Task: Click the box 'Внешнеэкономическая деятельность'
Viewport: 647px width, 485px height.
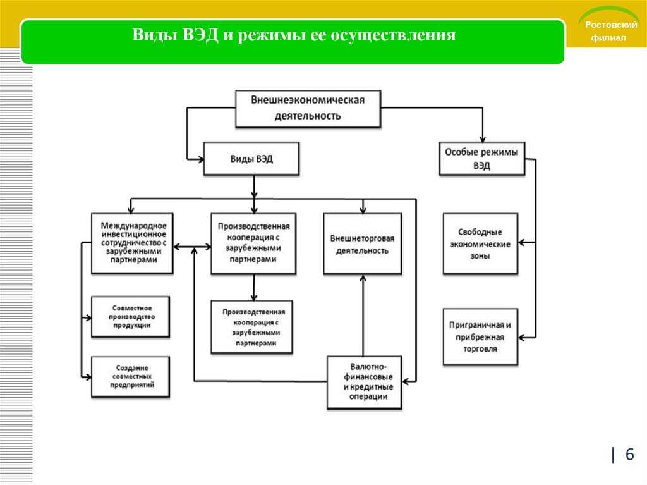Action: [308, 109]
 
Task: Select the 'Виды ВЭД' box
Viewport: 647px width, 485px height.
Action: [251, 159]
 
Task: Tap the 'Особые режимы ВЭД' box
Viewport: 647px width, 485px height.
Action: [482, 159]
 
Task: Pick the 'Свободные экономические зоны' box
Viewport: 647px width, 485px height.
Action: [480, 243]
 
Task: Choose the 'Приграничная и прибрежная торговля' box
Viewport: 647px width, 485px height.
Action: [480, 336]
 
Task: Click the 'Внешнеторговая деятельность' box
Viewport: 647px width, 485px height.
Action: [362, 243]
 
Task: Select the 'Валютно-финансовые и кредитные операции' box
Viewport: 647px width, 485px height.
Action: [365, 382]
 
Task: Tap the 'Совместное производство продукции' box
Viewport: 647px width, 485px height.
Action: [130, 316]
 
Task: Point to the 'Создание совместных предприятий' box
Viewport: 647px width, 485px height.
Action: [130, 376]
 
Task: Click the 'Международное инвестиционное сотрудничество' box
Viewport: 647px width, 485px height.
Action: [132, 243]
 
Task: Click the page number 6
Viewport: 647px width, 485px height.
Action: [629, 454]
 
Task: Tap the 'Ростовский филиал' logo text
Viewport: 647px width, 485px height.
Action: [610, 31]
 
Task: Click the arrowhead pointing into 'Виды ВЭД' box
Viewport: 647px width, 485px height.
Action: [201, 159]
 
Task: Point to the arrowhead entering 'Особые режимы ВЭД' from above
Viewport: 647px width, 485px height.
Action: [482, 139]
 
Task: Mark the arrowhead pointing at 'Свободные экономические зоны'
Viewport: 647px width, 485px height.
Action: [521, 243]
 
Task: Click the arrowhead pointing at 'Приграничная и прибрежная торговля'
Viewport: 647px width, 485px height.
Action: [521, 338]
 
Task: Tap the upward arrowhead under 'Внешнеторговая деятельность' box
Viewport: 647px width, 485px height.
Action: [363, 278]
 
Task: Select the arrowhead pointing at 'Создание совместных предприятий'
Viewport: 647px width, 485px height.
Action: [88, 377]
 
